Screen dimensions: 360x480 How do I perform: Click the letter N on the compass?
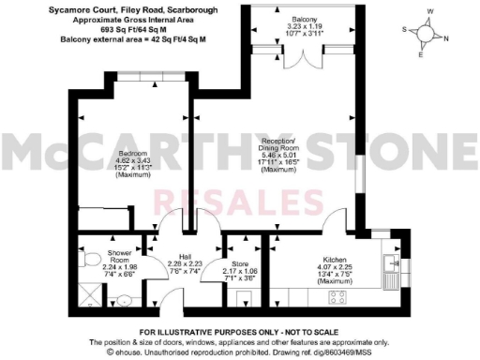[x=445, y=39]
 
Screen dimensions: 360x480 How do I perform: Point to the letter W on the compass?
[x=430, y=13]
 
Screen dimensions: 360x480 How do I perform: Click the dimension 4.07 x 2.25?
[x=336, y=265]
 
